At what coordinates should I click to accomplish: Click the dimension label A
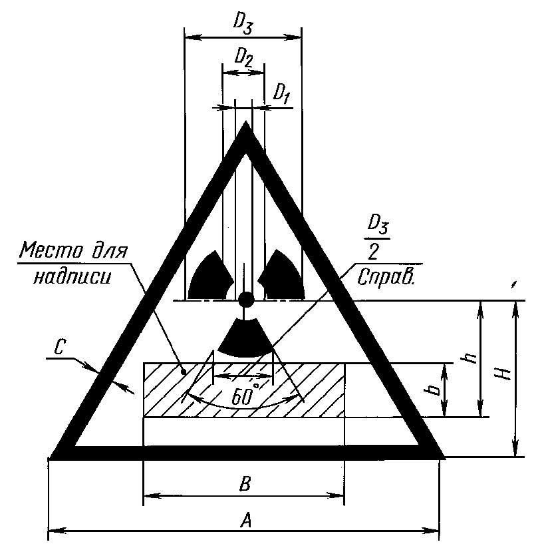point(244,523)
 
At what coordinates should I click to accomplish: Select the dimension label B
point(244,484)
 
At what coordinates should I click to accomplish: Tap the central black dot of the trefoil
point(245,300)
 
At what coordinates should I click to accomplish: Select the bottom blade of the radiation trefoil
point(245,338)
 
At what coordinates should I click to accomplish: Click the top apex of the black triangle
point(246,127)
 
